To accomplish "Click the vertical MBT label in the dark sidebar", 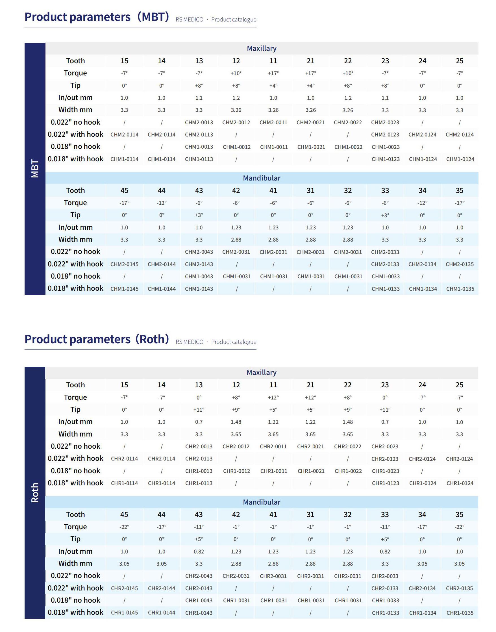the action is [x=35, y=168].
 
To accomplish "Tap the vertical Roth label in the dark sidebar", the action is [x=35, y=493].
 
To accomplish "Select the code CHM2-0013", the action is [x=199, y=123].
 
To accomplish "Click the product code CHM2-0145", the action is [x=124, y=264].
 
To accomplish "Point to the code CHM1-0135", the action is [x=460, y=289].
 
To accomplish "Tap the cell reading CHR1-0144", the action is [x=162, y=613].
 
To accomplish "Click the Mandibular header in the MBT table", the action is [x=262, y=178].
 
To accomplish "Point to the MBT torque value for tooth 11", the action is [x=273, y=73].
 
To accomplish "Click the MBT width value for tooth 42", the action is [x=236, y=240].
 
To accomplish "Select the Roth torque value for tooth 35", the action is [x=459, y=527].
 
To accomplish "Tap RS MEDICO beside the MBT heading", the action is [x=189, y=19].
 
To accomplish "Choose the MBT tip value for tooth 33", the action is [x=385, y=215].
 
